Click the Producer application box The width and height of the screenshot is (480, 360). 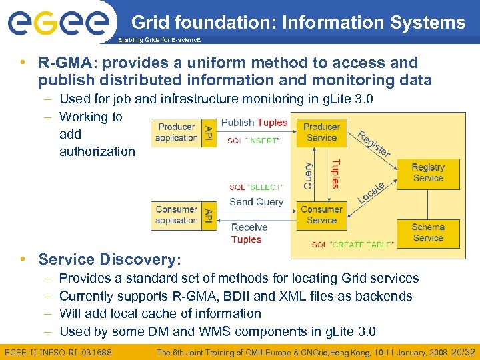177,132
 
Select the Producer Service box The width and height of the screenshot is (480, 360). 321,132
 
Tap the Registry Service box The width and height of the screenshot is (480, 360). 427,173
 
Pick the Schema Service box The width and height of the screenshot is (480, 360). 427,233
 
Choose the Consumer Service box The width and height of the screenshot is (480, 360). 321,215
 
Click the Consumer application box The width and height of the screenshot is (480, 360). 177,215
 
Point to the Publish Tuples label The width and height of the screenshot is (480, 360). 254,123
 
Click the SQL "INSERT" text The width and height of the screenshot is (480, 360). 253,141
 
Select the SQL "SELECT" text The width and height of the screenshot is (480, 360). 257,187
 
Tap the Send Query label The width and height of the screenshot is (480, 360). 257,201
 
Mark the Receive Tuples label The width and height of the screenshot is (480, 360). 248,233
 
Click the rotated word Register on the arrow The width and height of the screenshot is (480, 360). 373,143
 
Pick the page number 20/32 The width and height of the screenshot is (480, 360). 463,351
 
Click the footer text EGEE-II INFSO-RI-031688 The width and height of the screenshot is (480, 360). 58,351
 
